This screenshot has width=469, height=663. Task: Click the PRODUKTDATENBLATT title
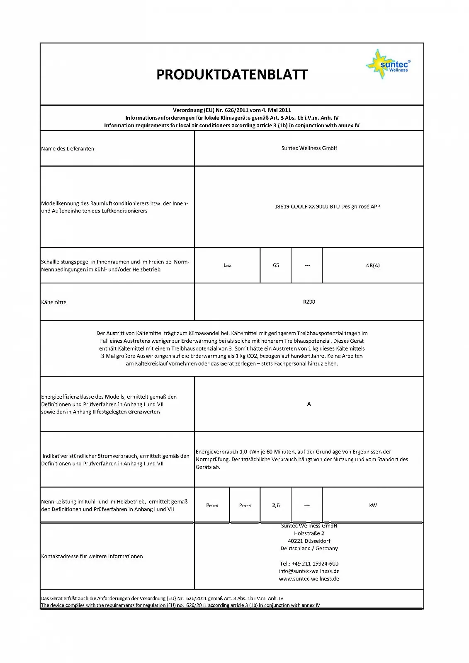click(x=232, y=75)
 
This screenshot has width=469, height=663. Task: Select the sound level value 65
click(x=276, y=265)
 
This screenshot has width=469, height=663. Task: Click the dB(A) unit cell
click(x=373, y=265)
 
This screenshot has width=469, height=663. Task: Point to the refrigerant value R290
click(x=309, y=302)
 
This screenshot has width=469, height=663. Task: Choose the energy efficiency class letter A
click(x=309, y=404)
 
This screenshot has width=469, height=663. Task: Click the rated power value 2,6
click(x=276, y=505)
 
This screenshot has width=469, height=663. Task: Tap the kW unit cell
click(x=373, y=505)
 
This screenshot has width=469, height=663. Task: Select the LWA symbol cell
click(x=227, y=265)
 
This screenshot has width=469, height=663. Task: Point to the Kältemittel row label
click(x=54, y=302)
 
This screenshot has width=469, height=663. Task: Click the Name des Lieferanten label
click(x=68, y=149)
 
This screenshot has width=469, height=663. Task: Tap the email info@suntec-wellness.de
click(x=309, y=571)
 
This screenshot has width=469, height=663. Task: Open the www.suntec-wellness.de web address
click(x=309, y=578)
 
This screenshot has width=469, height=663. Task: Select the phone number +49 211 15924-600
click(x=309, y=564)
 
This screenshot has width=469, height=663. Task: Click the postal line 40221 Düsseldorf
click(x=309, y=541)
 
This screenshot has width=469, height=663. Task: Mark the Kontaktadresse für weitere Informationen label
click(x=92, y=556)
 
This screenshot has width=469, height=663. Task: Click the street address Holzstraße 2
click(x=309, y=533)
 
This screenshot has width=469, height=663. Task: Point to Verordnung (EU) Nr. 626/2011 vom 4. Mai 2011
click(x=232, y=110)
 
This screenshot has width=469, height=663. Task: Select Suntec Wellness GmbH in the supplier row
click(x=309, y=148)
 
